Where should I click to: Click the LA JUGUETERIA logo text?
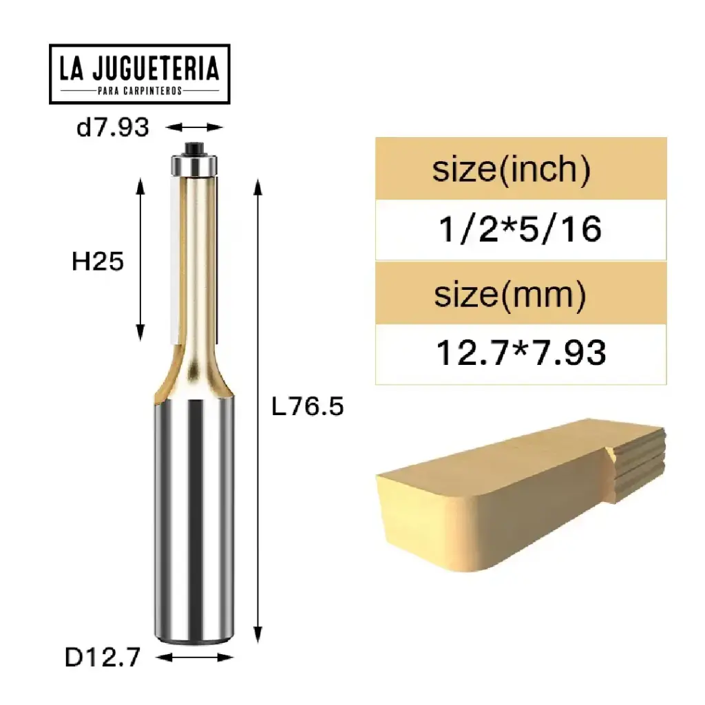pyautogui.click(x=139, y=69)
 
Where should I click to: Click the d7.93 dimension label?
pyautogui.click(x=112, y=127)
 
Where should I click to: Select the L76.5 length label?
pyautogui.click(x=307, y=408)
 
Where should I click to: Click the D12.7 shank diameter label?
pyautogui.click(x=103, y=657)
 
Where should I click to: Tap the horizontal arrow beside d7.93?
pyautogui.click(x=196, y=127)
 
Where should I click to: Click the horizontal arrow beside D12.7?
pyautogui.click(x=196, y=657)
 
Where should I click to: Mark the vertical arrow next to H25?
pyautogui.click(x=141, y=258)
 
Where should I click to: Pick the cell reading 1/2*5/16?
pyautogui.click(x=520, y=229)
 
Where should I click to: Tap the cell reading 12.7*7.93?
pyautogui.click(x=521, y=353)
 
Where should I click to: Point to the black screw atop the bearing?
pyautogui.click(x=193, y=147)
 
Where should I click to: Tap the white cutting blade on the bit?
pyautogui.click(x=173, y=262)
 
